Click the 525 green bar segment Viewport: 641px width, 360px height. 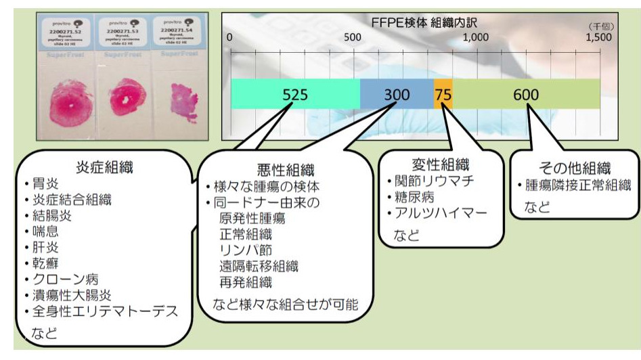coord(295,94)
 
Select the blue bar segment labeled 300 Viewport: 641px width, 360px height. coord(397,94)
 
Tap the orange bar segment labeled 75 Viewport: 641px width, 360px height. coord(443,94)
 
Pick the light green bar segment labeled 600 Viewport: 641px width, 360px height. coord(526,94)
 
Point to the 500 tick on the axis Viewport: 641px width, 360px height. coord(352,38)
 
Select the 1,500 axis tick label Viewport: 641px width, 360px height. coord(598,38)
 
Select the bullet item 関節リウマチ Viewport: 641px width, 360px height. coord(433,182)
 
